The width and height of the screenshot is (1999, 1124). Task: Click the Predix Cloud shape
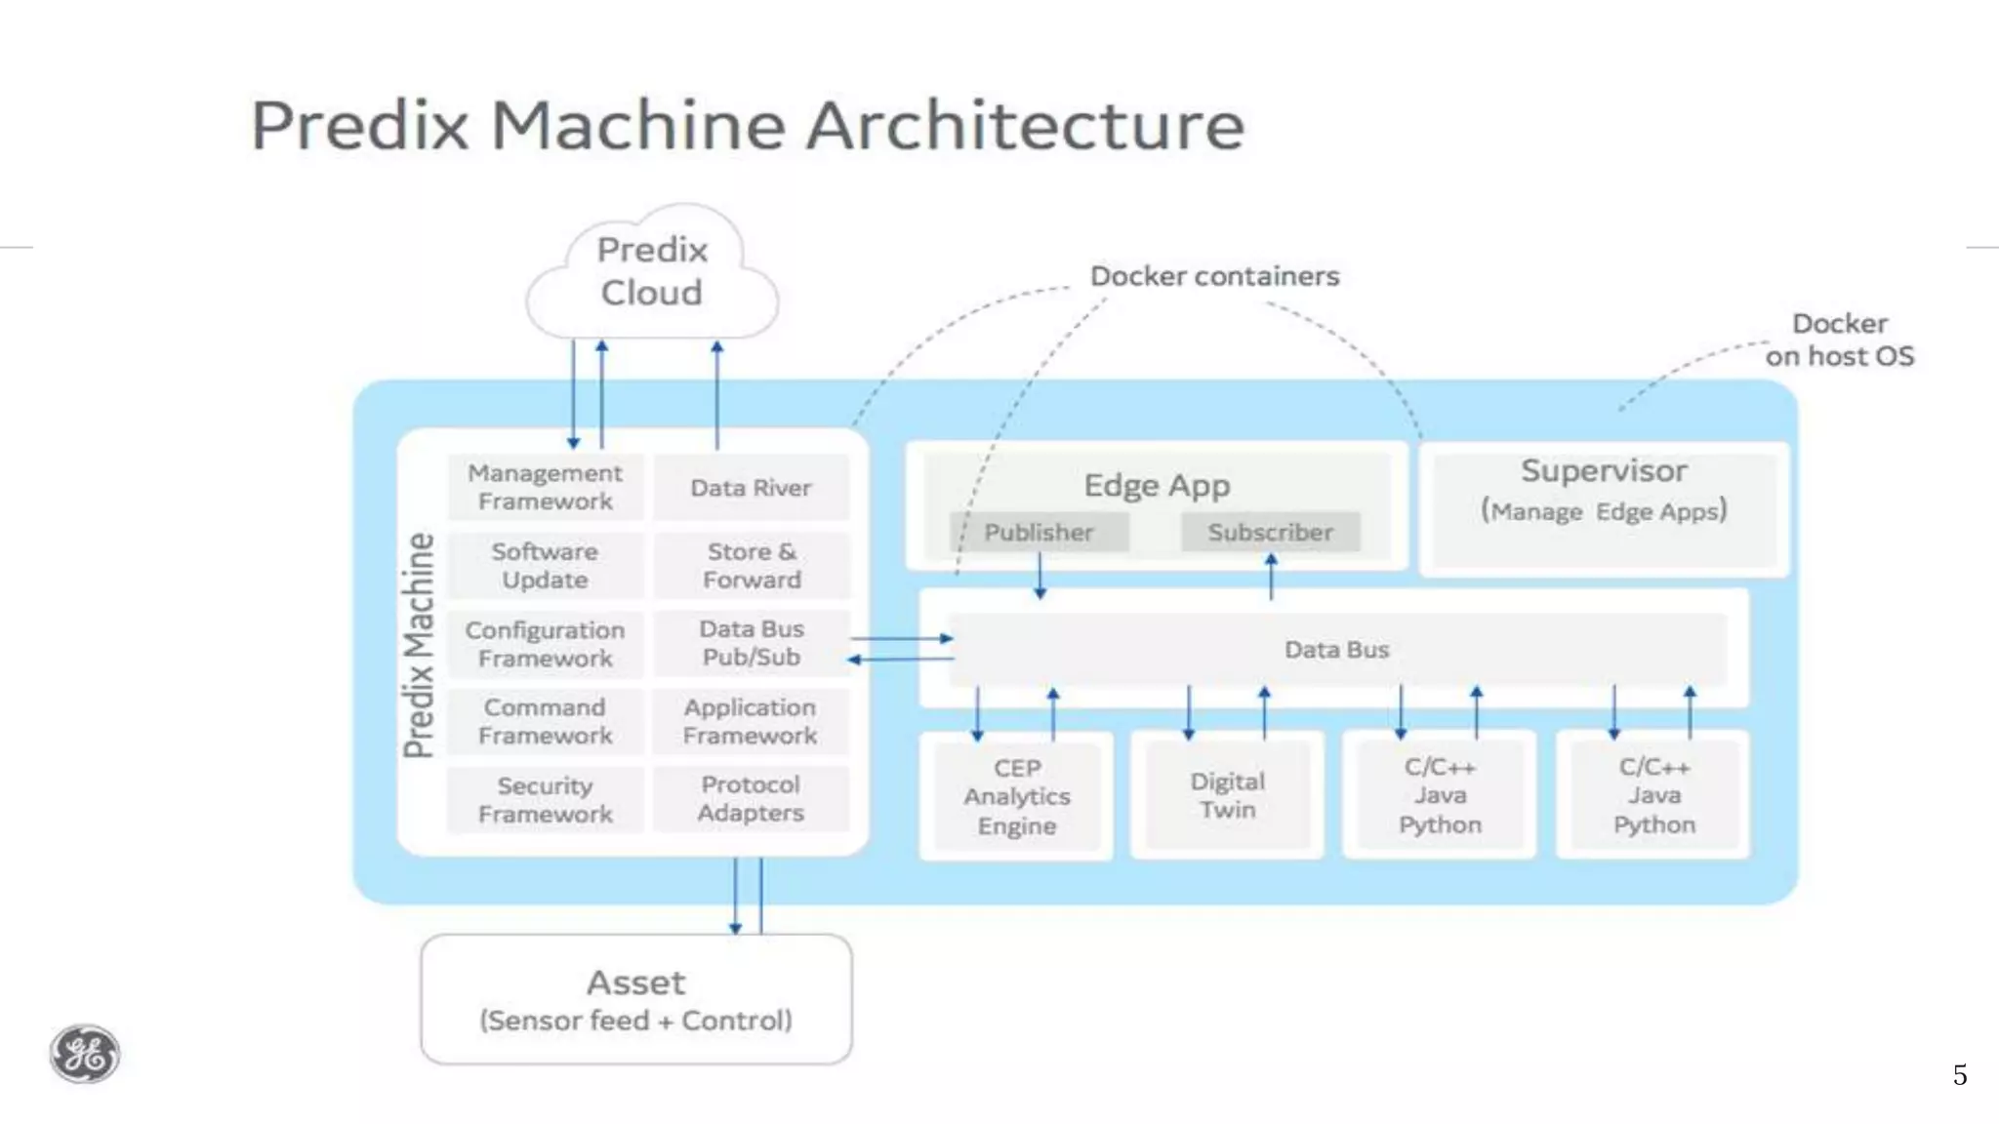click(x=652, y=272)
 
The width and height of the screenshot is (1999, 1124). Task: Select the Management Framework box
click(x=545, y=487)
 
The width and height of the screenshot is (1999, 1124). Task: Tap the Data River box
click(x=751, y=487)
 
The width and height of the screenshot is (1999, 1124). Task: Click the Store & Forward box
click(x=751, y=566)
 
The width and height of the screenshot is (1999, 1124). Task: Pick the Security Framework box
click(x=545, y=800)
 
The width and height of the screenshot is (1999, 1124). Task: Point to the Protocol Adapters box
click(x=751, y=799)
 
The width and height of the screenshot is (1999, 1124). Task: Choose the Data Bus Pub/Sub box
click(x=751, y=643)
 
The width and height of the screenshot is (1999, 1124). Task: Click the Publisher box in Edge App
click(x=1039, y=533)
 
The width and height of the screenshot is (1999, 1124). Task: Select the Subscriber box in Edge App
click(x=1270, y=533)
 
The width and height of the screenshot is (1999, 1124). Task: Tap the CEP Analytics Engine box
click(x=1016, y=796)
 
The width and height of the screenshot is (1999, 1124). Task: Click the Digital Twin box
click(x=1227, y=795)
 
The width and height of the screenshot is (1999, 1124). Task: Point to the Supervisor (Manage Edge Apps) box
click(x=1604, y=507)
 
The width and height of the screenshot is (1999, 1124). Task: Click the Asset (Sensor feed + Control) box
click(x=635, y=999)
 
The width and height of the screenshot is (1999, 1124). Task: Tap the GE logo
click(x=85, y=1054)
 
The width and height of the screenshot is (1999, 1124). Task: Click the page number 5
click(x=1959, y=1075)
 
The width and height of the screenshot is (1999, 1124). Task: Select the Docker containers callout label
click(x=1214, y=276)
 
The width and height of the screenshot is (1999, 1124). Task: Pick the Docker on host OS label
click(x=1839, y=340)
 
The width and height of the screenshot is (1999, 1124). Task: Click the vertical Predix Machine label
click(x=419, y=644)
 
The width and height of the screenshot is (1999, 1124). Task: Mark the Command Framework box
click(x=545, y=721)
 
